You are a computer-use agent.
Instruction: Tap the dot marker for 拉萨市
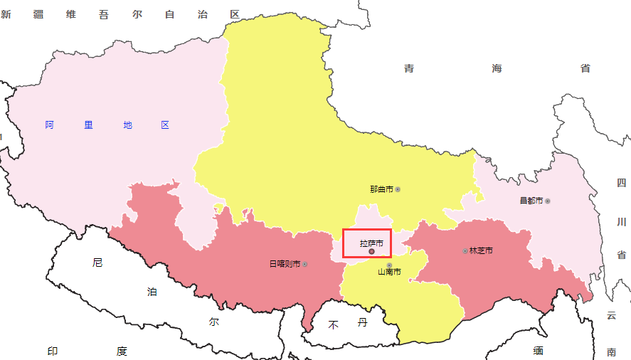(x=372, y=252)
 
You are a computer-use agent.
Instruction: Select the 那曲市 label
(x=381, y=189)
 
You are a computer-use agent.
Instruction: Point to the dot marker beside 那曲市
(x=398, y=189)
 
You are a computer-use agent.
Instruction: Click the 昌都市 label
(x=531, y=201)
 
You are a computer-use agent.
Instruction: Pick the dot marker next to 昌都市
(x=548, y=201)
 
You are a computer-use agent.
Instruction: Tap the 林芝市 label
(x=481, y=250)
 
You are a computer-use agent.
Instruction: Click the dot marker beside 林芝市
(x=465, y=250)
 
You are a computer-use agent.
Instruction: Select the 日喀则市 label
(x=284, y=264)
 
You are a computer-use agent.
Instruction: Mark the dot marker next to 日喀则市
(x=305, y=264)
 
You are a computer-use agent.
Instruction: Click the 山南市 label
(x=389, y=272)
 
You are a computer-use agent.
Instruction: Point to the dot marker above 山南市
(x=389, y=265)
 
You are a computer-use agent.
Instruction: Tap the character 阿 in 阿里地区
(x=49, y=125)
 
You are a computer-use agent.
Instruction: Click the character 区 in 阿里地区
(x=165, y=125)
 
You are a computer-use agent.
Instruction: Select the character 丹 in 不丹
(x=362, y=323)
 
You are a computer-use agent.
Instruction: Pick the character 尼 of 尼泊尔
(x=97, y=263)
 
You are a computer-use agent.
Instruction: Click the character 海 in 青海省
(x=497, y=68)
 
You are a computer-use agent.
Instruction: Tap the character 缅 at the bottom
(x=538, y=351)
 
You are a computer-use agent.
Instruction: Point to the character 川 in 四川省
(x=621, y=222)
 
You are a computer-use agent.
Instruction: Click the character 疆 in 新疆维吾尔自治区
(x=38, y=14)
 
